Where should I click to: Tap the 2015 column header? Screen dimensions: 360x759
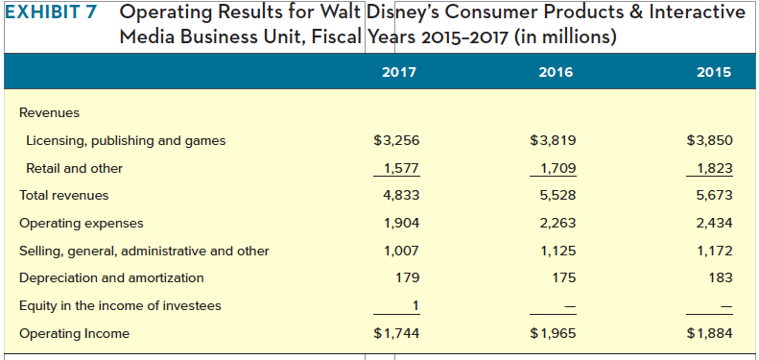[714, 72]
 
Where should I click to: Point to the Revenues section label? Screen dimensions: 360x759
[50, 112]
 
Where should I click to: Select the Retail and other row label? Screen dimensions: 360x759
[74, 168]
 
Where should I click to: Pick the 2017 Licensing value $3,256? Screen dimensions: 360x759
[396, 141]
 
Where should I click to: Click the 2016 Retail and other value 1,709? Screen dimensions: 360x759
[554, 168]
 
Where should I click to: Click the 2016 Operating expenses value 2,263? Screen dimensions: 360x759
[556, 224]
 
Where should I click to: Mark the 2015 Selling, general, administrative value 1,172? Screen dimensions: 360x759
[713, 251]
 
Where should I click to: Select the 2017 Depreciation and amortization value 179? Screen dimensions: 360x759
[407, 277]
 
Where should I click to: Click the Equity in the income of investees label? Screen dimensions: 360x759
[120, 305]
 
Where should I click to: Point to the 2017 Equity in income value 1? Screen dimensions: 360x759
[415, 305]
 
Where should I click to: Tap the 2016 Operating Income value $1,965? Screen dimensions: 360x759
[552, 333]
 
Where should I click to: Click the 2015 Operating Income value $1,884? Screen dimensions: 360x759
[709, 333]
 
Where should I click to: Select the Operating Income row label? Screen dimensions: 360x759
[74, 333]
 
